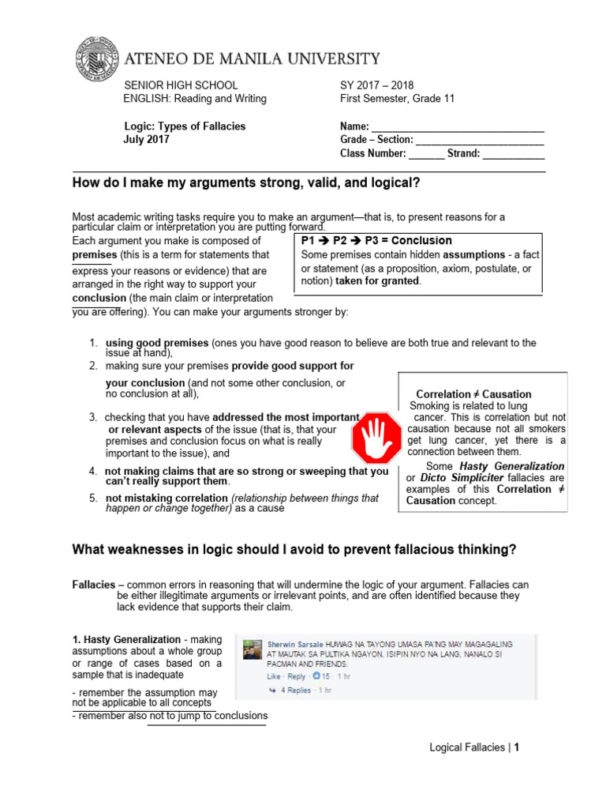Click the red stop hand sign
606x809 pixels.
(x=376, y=437)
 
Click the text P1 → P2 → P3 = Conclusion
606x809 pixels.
(x=377, y=240)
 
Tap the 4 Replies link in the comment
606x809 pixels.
(x=296, y=690)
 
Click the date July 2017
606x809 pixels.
(x=146, y=139)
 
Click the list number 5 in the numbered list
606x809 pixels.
(x=92, y=498)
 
